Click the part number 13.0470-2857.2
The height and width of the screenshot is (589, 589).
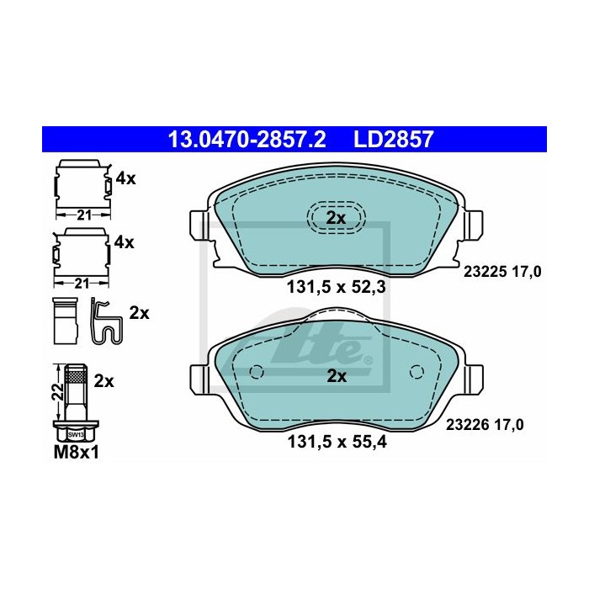(x=247, y=139)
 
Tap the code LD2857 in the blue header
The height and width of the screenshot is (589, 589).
(x=394, y=139)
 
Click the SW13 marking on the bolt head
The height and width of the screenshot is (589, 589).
(x=76, y=434)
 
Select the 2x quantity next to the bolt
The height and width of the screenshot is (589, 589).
(x=103, y=380)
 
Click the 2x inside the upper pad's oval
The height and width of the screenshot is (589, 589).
(x=336, y=218)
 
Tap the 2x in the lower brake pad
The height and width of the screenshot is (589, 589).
(x=336, y=376)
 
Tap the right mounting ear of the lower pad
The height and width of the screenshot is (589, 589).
(x=476, y=379)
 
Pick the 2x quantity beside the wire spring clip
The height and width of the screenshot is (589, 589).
(x=139, y=313)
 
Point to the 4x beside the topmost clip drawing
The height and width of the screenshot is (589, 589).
(x=125, y=178)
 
